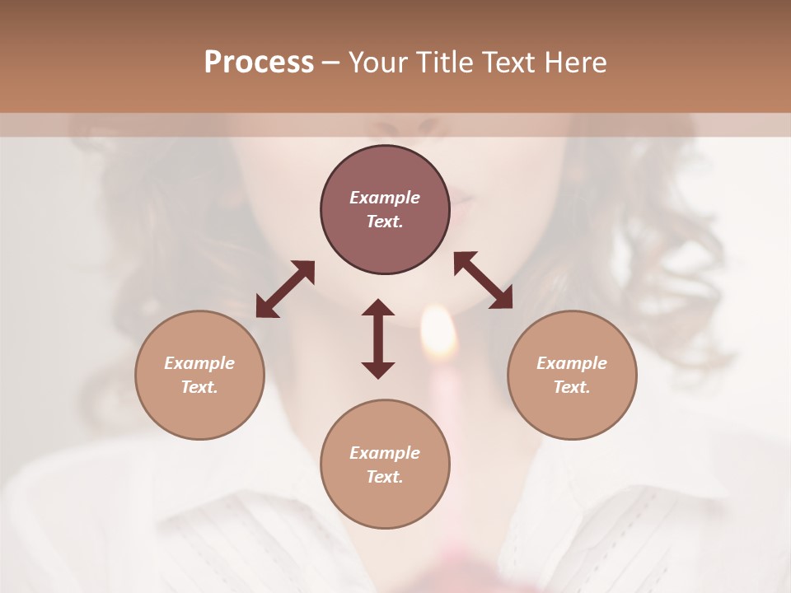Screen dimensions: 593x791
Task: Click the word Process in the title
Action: coord(259,63)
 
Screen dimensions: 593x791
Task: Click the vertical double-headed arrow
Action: coord(378,339)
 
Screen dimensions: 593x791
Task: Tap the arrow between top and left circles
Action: coord(285,289)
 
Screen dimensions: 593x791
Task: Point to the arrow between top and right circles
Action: coord(483,280)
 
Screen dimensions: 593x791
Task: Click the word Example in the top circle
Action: coord(385,198)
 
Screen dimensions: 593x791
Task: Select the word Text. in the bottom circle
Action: coord(385,477)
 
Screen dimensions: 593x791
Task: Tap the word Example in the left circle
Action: coord(199,363)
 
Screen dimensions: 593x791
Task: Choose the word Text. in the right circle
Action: coord(572,387)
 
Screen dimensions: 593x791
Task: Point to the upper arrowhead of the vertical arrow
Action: coord(378,308)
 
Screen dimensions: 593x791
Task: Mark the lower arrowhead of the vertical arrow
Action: coord(378,370)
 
